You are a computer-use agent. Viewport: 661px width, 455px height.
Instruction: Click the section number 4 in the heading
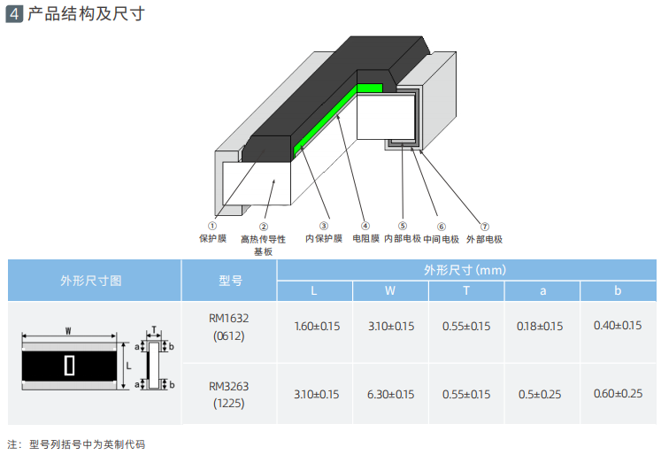pos(14,15)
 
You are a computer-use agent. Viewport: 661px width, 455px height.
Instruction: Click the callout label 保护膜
pos(212,239)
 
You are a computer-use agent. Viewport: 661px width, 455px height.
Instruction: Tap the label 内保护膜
pos(323,239)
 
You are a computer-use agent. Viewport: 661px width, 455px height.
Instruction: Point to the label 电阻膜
pos(365,239)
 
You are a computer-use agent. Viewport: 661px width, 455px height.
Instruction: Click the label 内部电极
pos(403,239)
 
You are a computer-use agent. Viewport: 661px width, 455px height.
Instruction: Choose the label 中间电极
pos(441,239)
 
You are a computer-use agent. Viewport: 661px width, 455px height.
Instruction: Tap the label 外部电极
pos(484,239)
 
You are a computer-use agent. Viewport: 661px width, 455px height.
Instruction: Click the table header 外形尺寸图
pos(90,281)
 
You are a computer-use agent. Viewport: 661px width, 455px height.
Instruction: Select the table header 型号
pos(230,281)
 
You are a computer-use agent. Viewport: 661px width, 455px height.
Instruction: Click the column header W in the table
pos(390,291)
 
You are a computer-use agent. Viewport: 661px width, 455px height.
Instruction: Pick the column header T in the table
pos(465,291)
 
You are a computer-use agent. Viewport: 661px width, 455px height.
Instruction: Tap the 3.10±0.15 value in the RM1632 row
pos(390,326)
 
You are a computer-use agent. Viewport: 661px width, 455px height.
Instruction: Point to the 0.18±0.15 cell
pos(540,326)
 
